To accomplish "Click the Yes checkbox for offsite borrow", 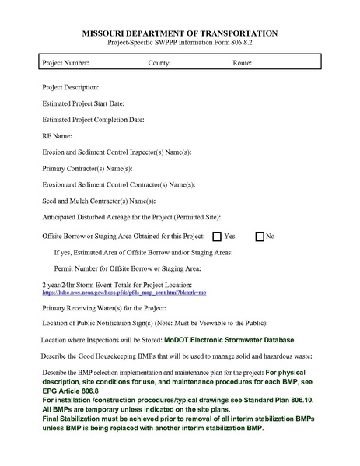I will point(217,236).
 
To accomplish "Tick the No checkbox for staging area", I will point(260,236).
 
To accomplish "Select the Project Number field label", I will point(66,61).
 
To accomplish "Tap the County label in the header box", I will point(159,61).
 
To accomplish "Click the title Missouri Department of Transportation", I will point(180,35).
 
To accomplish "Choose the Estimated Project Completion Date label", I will point(93,120).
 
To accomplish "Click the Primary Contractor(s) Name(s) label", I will point(88,168).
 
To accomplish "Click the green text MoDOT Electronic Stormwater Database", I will point(229,340).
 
